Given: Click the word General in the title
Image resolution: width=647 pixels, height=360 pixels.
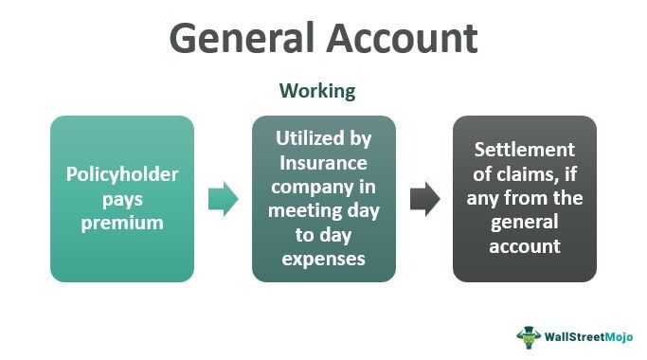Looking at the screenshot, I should click(x=243, y=39).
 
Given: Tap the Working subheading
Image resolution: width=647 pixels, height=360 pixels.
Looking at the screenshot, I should click(x=317, y=91).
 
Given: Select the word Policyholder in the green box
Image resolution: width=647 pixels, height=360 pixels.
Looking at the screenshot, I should click(x=121, y=175).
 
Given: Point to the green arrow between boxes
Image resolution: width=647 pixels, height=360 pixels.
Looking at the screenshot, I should click(x=223, y=199).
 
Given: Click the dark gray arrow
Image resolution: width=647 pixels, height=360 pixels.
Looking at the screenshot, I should click(x=424, y=199).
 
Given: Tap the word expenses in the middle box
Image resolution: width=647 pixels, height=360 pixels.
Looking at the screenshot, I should click(x=323, y=258).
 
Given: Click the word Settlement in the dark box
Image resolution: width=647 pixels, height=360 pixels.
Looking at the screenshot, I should click(x=524, y=150).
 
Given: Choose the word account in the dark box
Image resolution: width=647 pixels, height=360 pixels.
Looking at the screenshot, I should click(x=525, y=246).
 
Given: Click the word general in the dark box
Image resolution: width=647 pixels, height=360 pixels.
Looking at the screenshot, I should click(x=525, y=223).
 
